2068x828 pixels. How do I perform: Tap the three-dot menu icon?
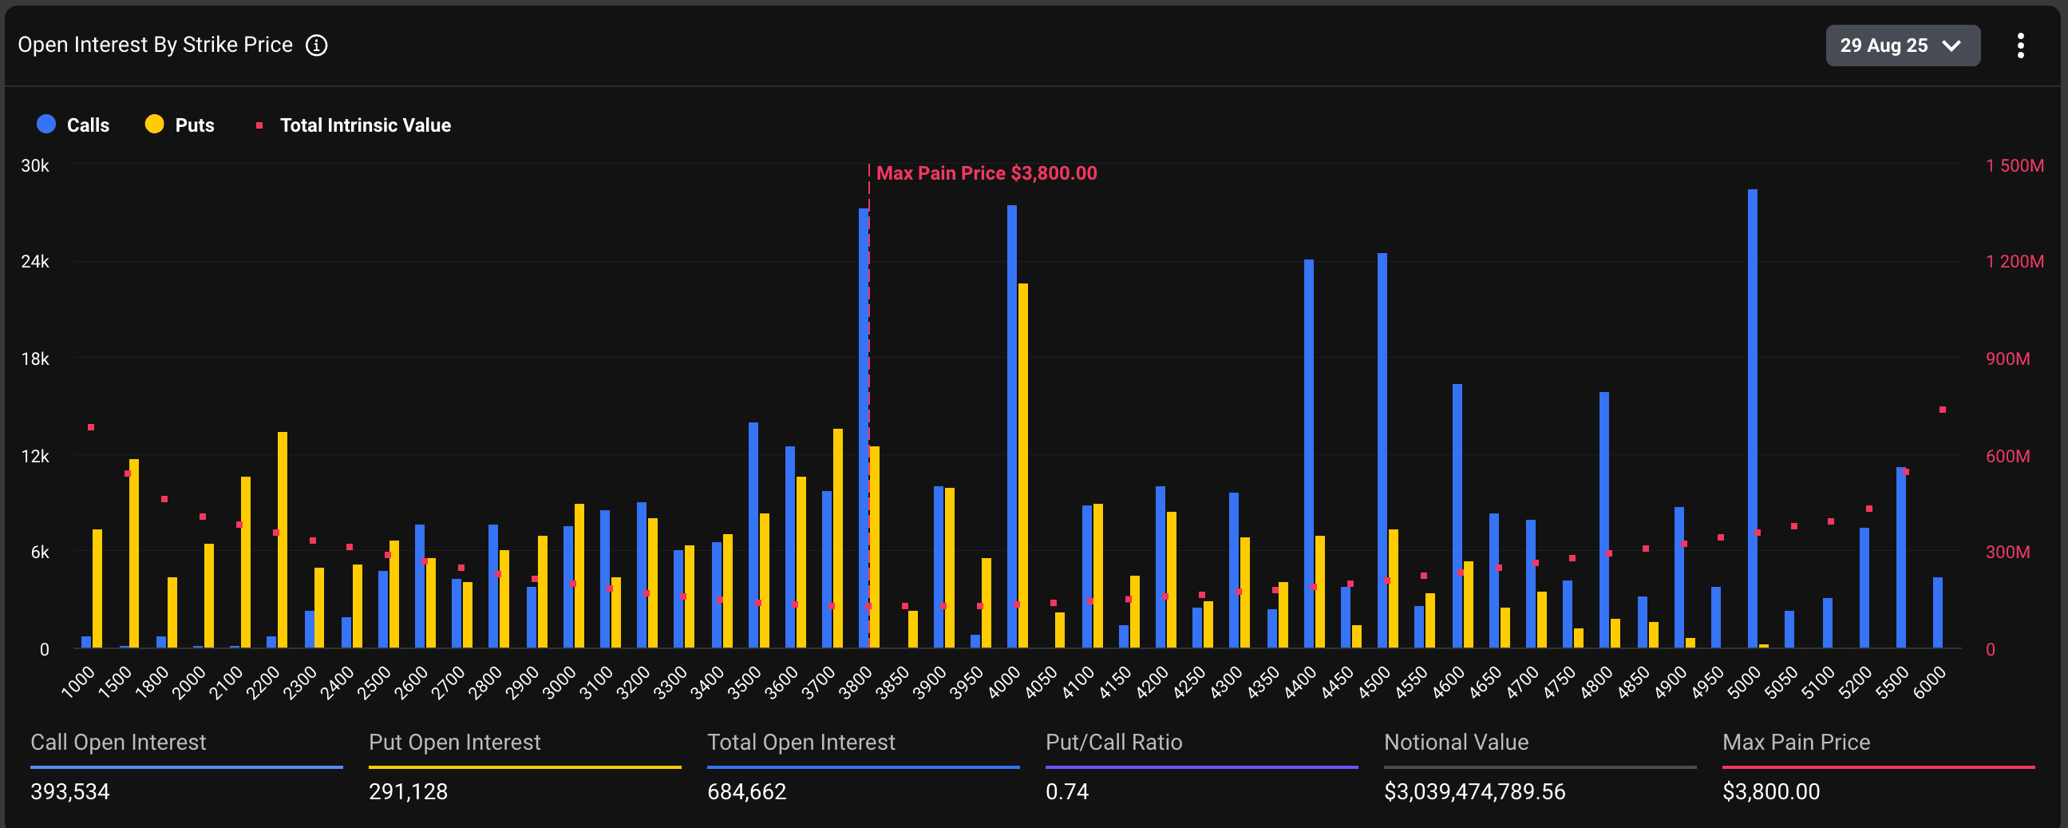[x=2020, y=45]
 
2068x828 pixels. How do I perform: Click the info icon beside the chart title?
[x=316, y=45]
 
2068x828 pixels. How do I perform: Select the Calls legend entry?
[x=73, y=125]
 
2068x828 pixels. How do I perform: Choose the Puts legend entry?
[x=180, y=125]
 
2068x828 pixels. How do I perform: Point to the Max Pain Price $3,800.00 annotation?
[x=986, y=173]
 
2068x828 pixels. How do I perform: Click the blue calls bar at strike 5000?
[x=1752, y=418]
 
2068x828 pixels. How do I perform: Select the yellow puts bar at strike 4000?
[x=1022, y=466]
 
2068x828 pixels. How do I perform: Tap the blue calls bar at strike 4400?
[x=1308, y=454]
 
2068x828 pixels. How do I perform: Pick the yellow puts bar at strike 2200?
[x=283, y=540]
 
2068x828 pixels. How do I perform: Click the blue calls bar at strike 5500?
[x=1900, y=557]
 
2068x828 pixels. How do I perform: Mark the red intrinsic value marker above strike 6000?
[x=1942, y=410]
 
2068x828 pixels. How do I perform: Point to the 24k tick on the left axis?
[x=35, y=262]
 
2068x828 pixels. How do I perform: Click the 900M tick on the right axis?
[x=2007, y=359]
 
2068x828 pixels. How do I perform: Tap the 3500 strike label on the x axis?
[x=744, y=683]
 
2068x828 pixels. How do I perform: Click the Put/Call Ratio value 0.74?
[x=1066, y=792]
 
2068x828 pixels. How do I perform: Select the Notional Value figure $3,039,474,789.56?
[x=1474, y=792]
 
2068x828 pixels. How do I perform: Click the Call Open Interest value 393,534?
[x=70, y=792]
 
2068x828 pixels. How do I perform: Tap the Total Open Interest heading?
[x=801, y=742]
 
